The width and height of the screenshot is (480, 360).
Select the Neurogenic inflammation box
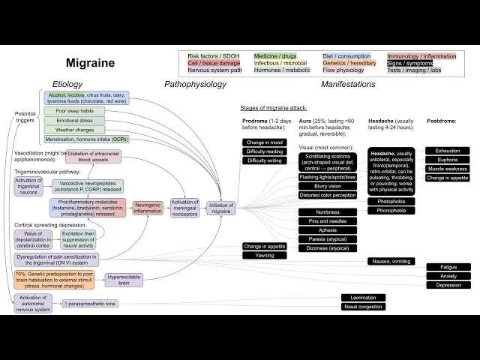pos(147,208)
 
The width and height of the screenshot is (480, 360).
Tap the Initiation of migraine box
pos(221,208)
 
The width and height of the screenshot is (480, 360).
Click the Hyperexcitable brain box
pos(124,280)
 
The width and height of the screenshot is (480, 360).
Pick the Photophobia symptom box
pos(391,201)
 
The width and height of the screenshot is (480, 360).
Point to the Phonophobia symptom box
pos(391,211)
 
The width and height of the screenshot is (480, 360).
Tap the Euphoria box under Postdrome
pos(448,160)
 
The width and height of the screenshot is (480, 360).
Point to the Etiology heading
pos(67,85)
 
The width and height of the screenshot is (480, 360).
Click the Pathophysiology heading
pos(195,85)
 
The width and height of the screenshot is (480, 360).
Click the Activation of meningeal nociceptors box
pos(184,208)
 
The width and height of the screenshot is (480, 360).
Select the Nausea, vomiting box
pos(391,261)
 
